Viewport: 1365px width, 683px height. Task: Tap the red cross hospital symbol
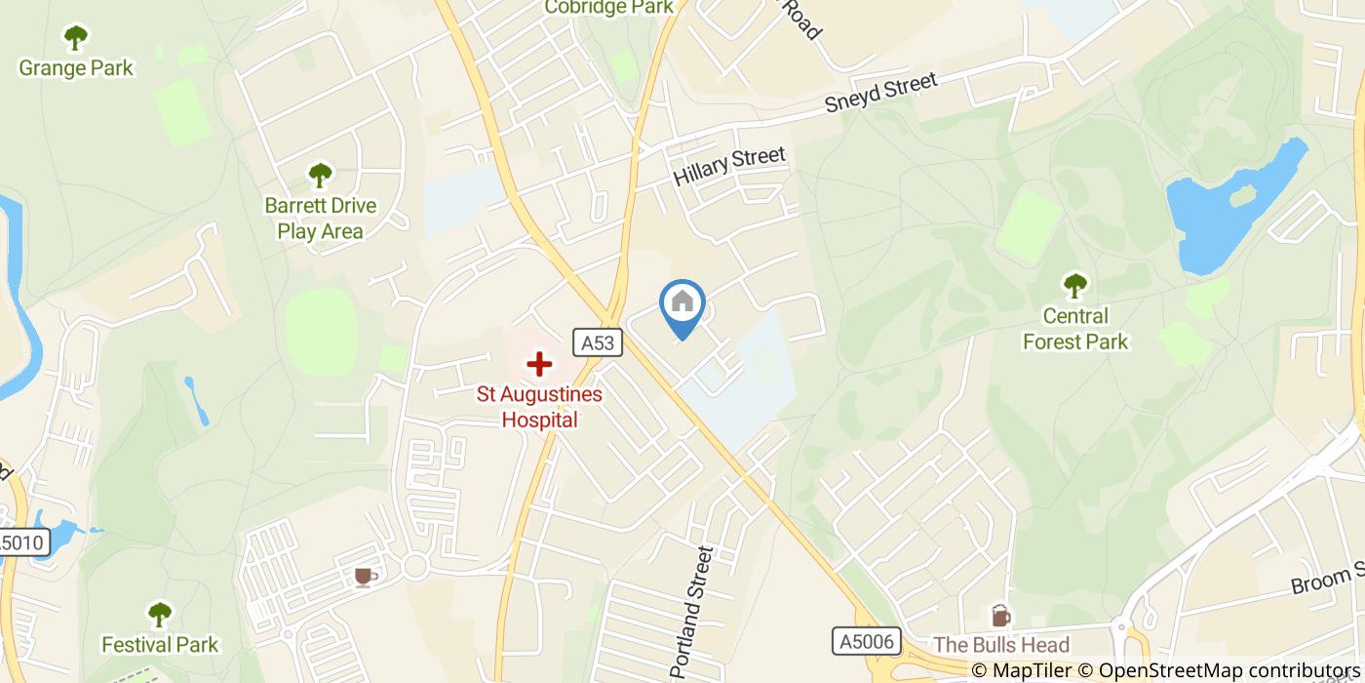[x=538, y=365]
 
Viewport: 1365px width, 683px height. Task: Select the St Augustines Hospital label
[x=539, y=408]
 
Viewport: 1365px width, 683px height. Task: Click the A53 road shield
[x=598, y=342]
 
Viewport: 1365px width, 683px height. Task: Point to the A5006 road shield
[x=865, y=641]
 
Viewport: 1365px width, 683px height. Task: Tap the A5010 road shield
[x=21, y=543]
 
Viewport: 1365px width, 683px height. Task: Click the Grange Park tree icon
[x=76, y=39]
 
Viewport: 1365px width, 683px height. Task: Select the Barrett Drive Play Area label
[x=321, y=219]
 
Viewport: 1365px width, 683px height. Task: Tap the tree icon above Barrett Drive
[x=321, y=176]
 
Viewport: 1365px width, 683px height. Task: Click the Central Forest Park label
[x=1074, y=329]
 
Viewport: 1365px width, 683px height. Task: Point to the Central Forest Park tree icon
[x=1074, y=286]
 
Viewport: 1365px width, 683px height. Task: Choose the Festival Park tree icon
[x=160, y=615]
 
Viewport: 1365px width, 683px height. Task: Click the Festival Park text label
[x=161, y=645]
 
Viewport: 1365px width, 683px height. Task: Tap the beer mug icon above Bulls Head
[x=1000, y=616]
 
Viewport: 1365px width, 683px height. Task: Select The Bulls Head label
[x=1001, y=645]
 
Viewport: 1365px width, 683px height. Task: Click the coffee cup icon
[x=365, y=577]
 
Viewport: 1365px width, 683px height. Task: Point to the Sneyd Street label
[x=880, y=93]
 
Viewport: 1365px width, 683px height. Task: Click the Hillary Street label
[x=729, y=166]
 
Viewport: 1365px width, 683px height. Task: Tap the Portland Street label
[x=693, y=613]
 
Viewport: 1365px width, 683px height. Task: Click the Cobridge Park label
[x=609, y=8]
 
